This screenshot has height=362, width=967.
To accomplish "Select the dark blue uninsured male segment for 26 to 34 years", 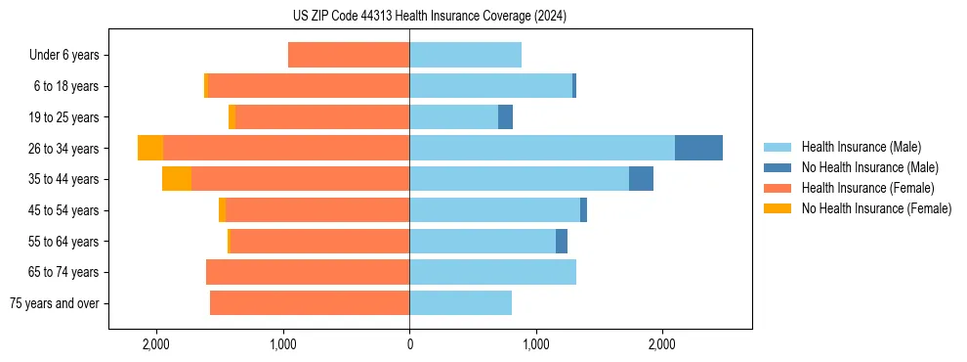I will point(698,148).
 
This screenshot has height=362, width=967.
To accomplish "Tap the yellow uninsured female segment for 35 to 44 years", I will point(177,179).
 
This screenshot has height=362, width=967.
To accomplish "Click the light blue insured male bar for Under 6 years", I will point(465,55).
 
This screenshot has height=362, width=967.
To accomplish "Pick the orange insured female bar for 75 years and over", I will point(310,303).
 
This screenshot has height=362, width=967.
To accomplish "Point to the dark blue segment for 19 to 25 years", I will point(505,117).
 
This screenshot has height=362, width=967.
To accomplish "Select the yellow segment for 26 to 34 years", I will point(150,148).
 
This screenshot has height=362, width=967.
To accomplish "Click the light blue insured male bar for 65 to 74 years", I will point(492,272).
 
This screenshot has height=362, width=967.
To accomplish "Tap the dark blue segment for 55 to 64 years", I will point(562,241).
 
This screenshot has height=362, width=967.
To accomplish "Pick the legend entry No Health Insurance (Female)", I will point(876,208).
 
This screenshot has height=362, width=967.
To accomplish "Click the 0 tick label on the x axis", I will point(409,344).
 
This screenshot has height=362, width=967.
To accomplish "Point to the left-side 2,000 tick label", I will point(156,344).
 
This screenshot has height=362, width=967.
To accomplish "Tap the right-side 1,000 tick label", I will point(535,344).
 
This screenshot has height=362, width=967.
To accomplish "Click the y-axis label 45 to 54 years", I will point(66,210).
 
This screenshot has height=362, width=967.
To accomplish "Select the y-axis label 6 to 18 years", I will point(66,86).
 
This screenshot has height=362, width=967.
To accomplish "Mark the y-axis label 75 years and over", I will point(55,303).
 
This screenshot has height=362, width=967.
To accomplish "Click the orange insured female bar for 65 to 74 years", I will point(308,272).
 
